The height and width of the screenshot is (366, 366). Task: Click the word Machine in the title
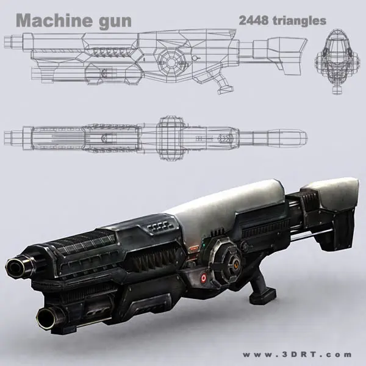(x=52, y=21)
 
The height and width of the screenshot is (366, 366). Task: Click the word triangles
(x=300, y=20)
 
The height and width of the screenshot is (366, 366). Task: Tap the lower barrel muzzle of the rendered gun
(x=47, y=316)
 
